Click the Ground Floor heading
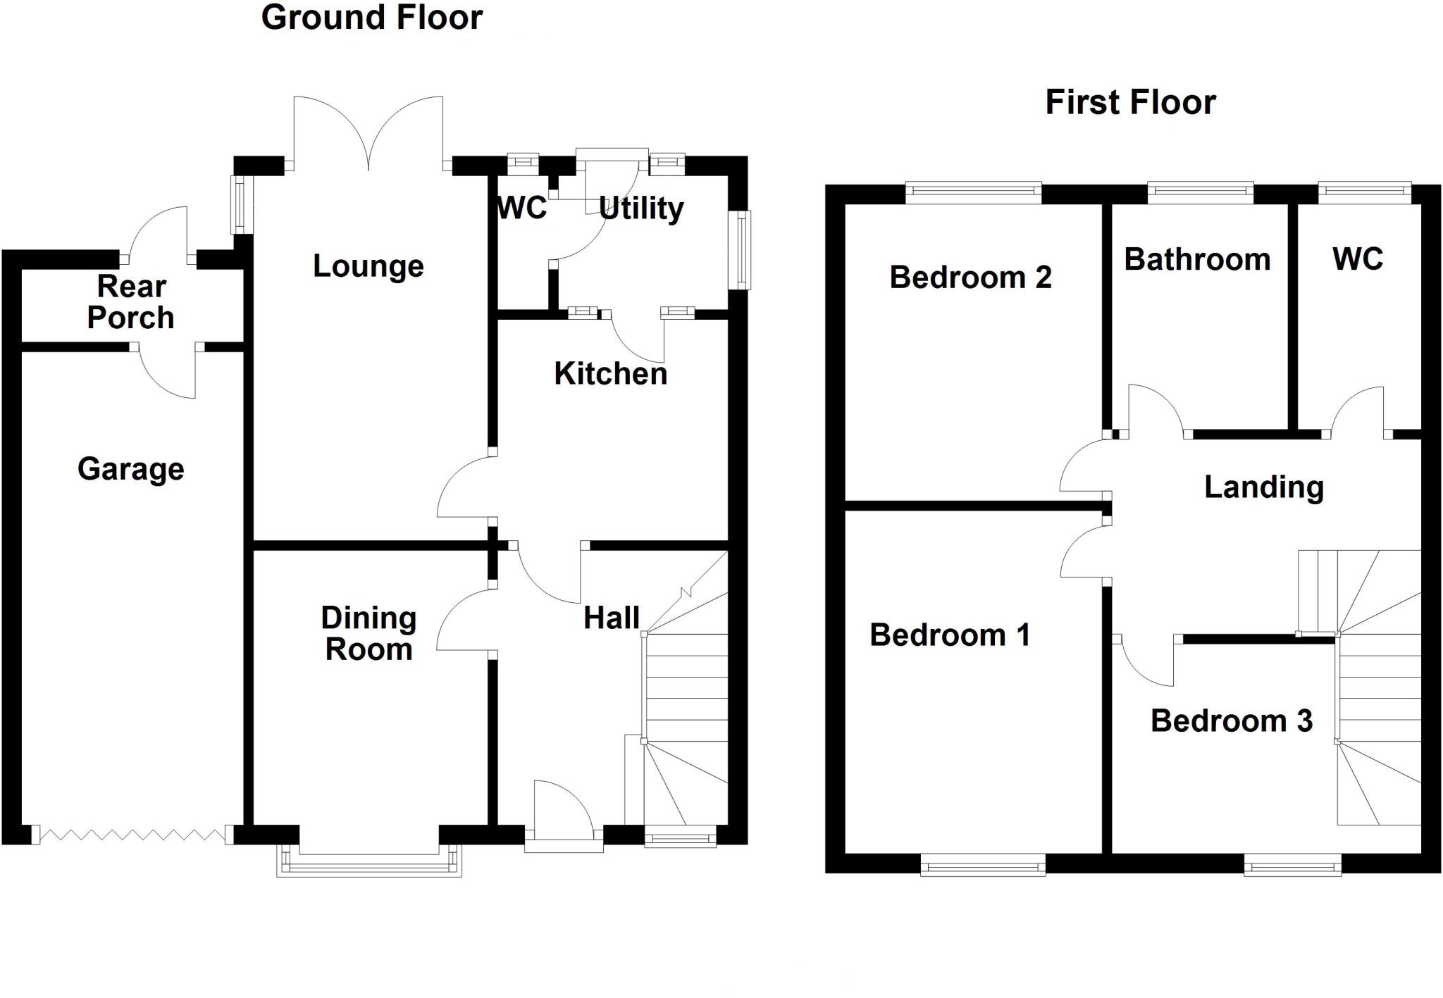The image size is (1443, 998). pos(371,18)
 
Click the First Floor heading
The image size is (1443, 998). pos(1129,103)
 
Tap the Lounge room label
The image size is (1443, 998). pos(368,267)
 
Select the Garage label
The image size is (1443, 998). pos(131,470)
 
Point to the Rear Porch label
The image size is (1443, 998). pos(131,303)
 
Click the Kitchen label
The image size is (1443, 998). pos(610,374)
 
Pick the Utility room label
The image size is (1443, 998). pos(641,209)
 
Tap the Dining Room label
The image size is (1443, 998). pos(369,634)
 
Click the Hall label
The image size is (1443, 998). pos(611,618)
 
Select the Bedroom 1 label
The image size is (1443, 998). pos(950,635)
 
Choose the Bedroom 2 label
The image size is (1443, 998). pos(970,277)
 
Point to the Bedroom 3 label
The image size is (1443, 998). pos(1231,721)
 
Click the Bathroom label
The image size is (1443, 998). pos(1197,260)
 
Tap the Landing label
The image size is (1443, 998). pos(1263,487)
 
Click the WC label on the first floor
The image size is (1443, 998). pos(1357,259)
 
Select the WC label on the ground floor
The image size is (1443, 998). pos(521,208)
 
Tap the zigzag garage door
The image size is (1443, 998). pos(132,835)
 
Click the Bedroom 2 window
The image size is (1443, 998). pos(973,192)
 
